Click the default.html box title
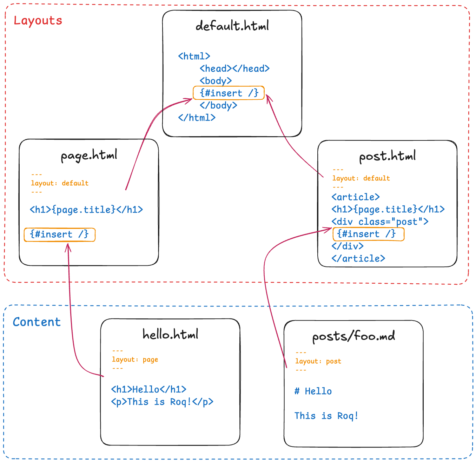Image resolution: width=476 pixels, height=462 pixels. tap(232, 26)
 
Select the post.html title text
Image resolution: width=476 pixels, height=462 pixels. tap(387, 156)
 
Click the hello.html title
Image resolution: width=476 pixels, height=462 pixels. tap(170, 334)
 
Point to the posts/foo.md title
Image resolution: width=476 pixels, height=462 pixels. tap(353, 336)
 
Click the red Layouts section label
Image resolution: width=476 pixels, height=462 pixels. tap(38, 21)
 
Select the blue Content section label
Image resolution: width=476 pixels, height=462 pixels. tap(37, 322)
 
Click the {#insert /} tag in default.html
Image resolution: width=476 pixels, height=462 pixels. tap(229, 93)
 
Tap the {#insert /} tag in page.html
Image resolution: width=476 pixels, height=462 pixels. tap(59, 235)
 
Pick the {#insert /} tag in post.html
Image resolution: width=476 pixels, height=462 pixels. tap(366, 234)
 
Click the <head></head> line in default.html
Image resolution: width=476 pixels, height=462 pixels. tap(234, 68)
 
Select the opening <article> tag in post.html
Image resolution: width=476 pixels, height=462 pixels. tap(356, 197)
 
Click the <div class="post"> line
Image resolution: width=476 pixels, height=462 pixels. tap(380, 222)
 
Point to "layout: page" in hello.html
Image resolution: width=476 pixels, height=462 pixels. tap(135, 359)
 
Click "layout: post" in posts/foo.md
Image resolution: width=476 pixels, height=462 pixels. tap(318, 361)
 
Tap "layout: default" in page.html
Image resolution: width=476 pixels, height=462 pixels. tap(60, 183)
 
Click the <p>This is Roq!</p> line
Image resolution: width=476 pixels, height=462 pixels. tap(162, 402)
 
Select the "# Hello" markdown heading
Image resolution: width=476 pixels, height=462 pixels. tap(313, 391)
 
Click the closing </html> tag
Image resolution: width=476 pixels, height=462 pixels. tap(197, 118)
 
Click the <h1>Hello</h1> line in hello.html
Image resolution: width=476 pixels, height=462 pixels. tap(149, 389)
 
